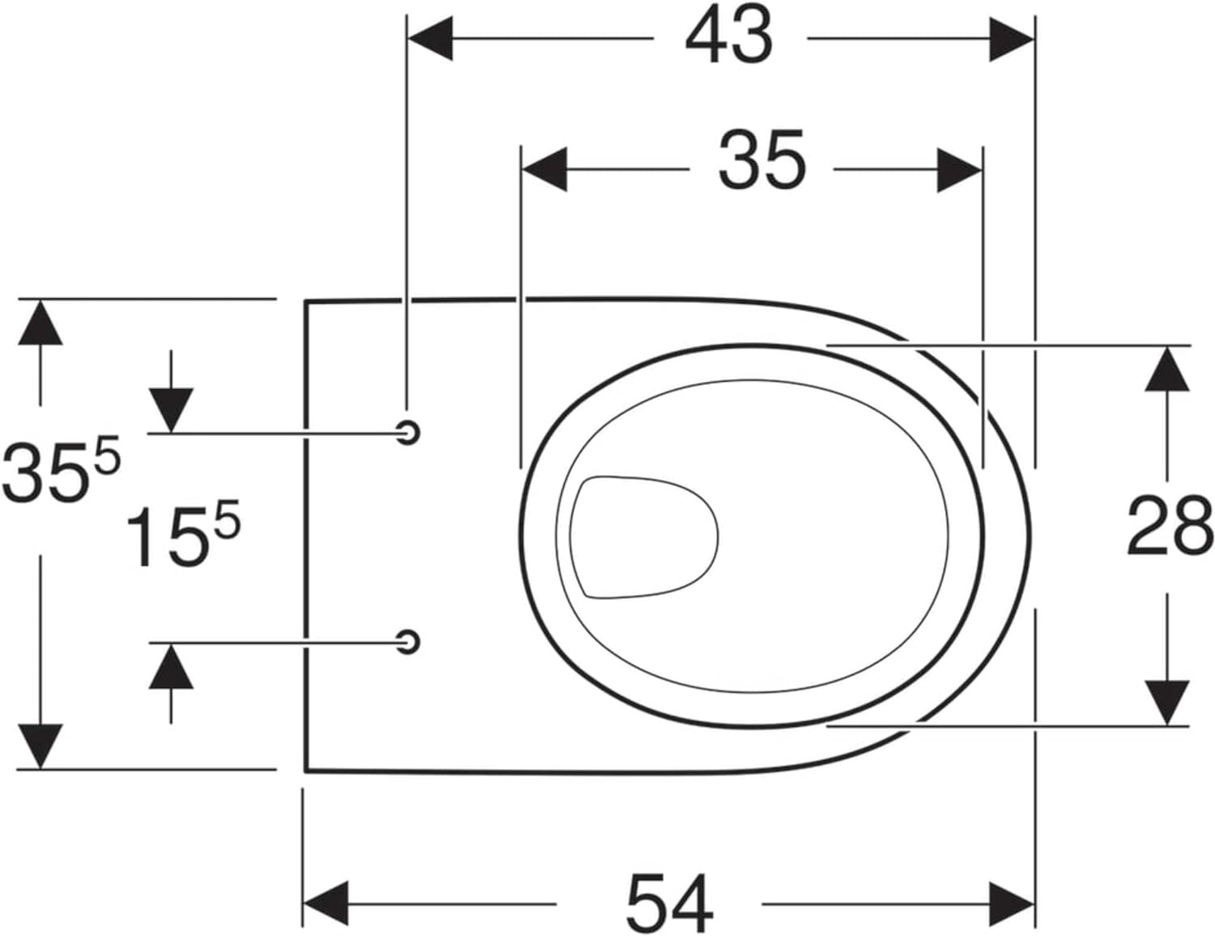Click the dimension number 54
pos(670,904)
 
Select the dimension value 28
pos(1170,526)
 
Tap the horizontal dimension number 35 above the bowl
pos(762,160)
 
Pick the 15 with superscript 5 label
pos(183,535)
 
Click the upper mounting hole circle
pos(409,432)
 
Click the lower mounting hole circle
pos(409,641)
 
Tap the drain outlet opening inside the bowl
pos(644,537)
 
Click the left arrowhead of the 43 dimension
pos(430,39)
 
